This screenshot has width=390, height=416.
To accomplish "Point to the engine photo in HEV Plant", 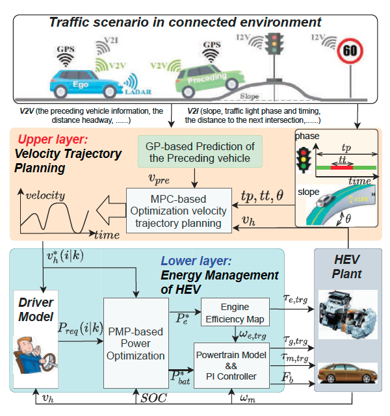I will tap(348, 315).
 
